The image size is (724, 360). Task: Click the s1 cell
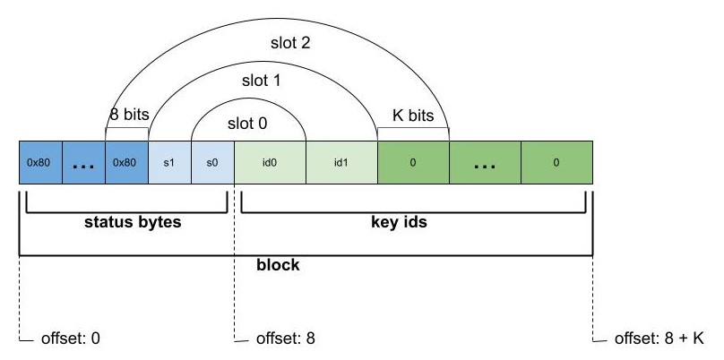169,164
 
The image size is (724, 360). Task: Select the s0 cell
212,164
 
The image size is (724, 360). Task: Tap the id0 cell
270,164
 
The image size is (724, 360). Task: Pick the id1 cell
341,164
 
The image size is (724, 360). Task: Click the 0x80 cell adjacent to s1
126,164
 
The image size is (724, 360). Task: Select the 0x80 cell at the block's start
40,164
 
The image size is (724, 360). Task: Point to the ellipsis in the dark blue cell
83,164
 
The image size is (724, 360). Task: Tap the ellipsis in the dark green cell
485,164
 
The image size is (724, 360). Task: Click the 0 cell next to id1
413,164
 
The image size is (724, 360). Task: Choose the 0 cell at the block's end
556,164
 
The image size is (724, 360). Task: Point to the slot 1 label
261,81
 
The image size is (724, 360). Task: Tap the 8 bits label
127,116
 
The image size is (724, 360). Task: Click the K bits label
413,116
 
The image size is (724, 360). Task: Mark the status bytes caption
126,223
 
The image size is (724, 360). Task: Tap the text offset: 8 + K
660,339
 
